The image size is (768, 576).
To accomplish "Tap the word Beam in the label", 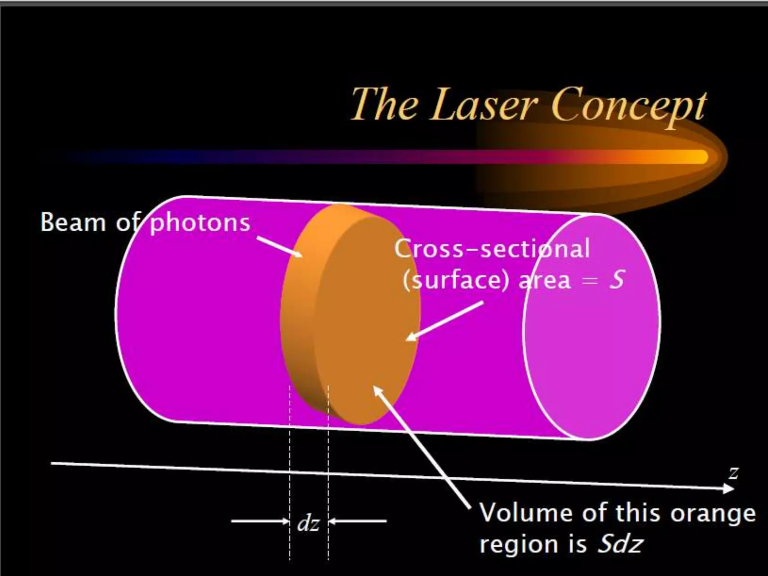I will pos(73,222).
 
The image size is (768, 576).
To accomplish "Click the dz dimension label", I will pos(308,523).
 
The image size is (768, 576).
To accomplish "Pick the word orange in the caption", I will pos(713,513).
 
